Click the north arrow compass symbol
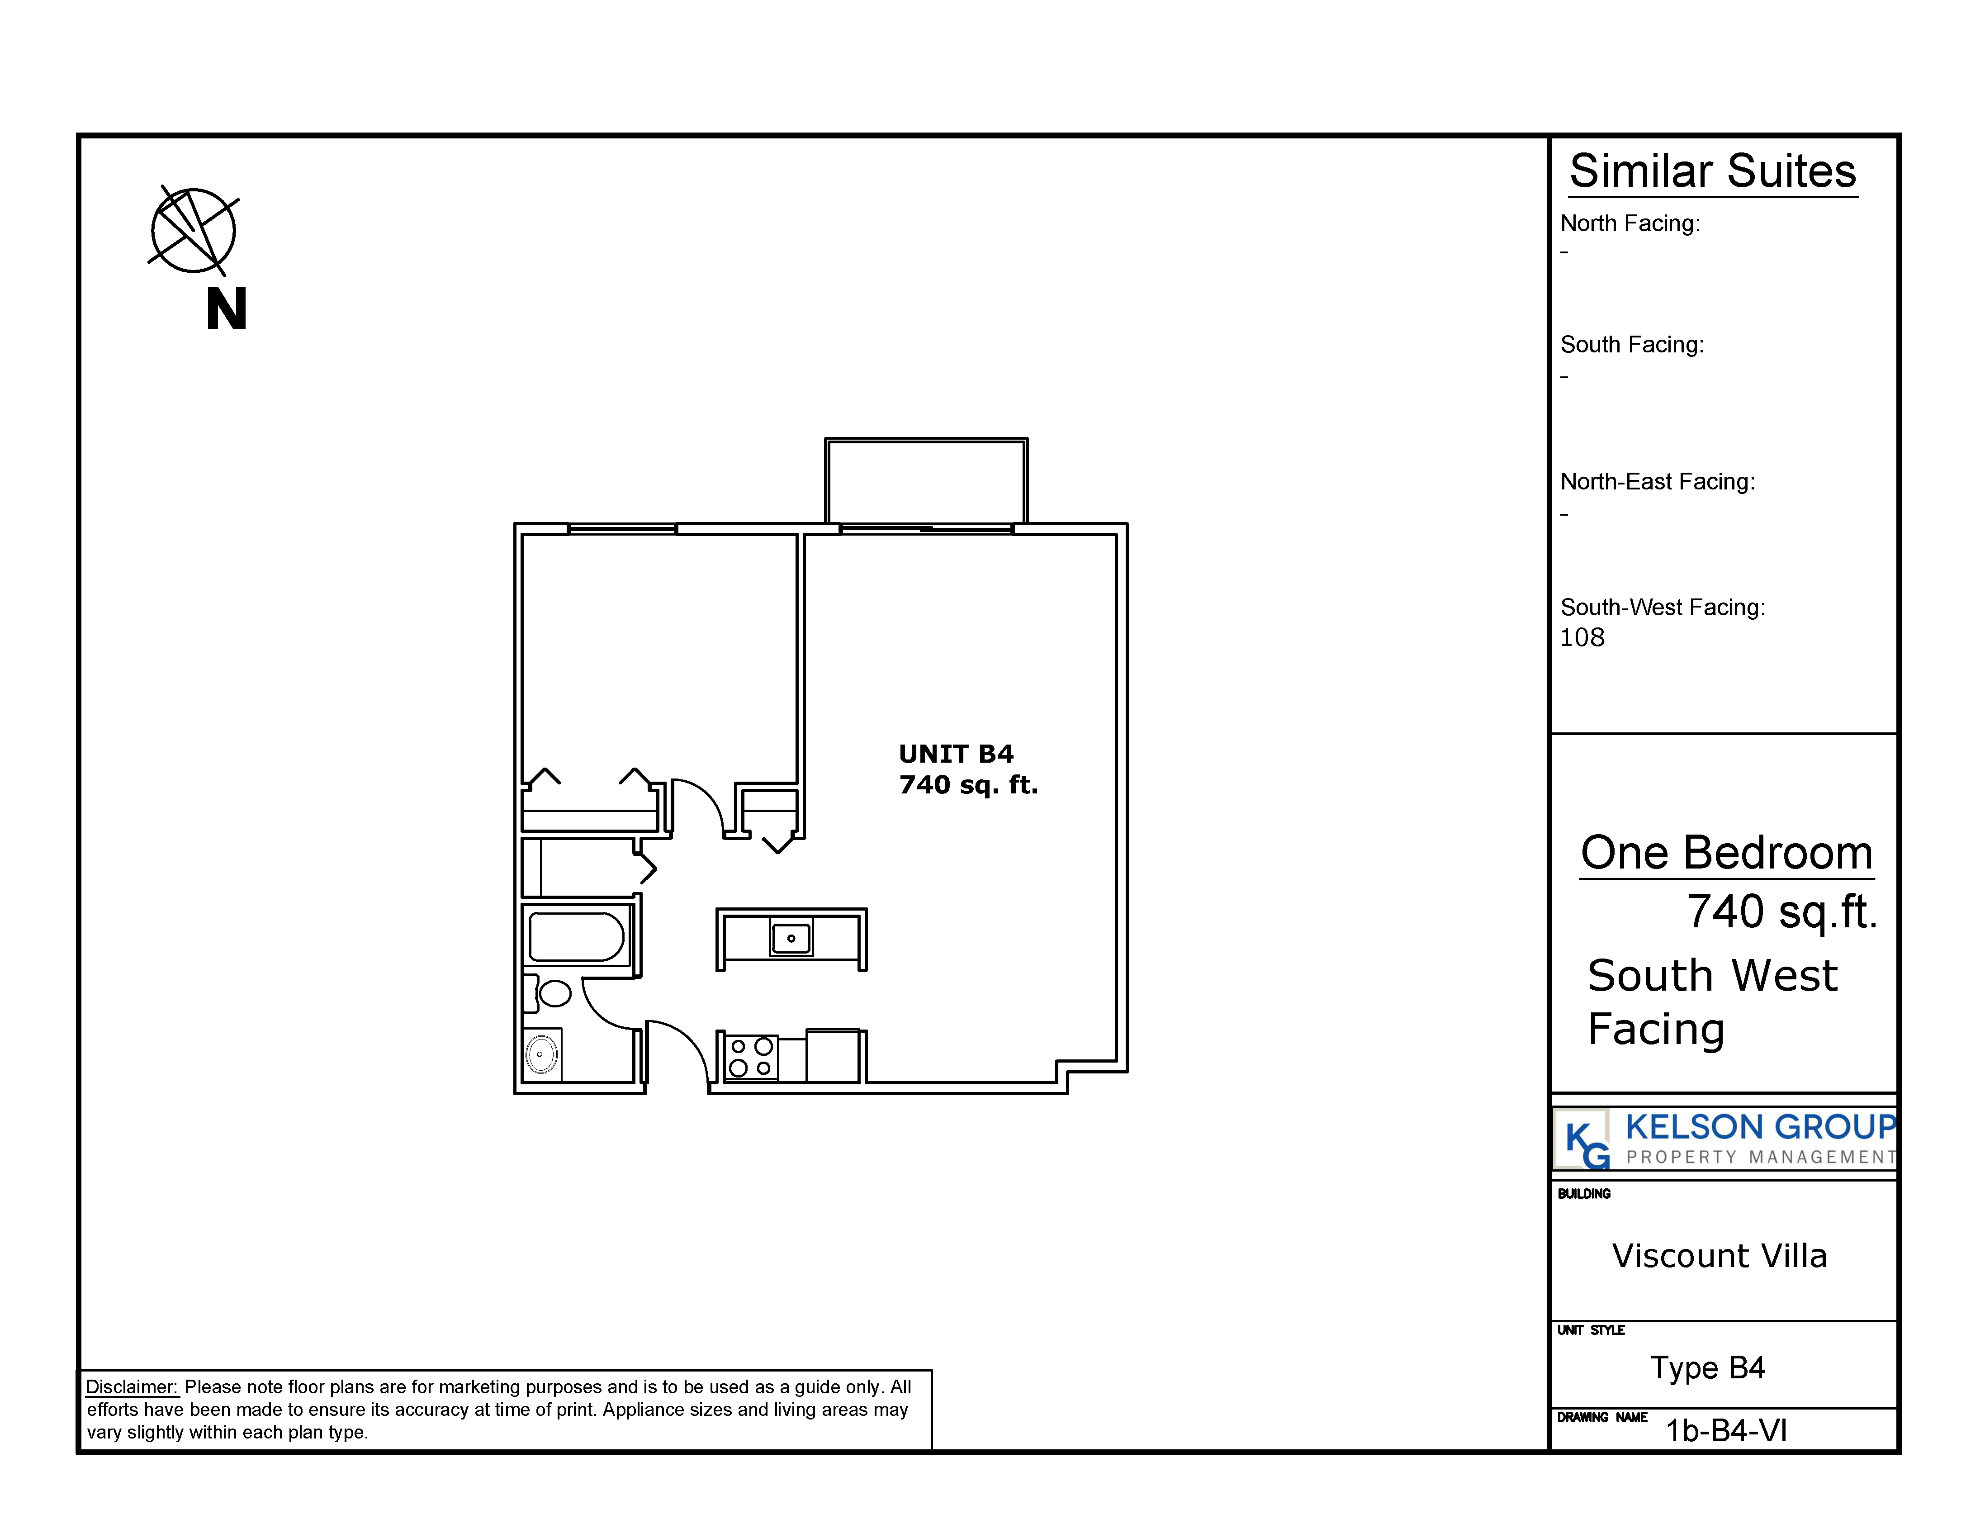click(194, 231)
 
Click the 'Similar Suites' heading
click(1713, 171)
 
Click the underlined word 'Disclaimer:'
click(132, 1387)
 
